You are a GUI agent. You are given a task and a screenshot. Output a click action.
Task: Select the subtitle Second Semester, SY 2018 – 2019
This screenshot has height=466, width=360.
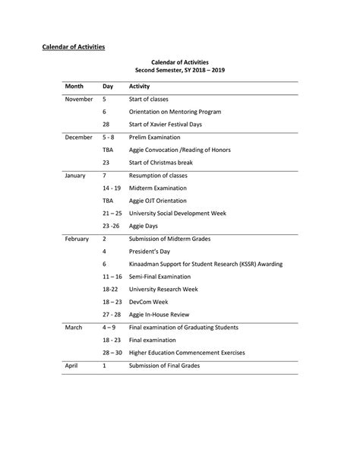180,70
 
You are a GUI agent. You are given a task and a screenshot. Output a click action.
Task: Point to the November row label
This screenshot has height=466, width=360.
79,100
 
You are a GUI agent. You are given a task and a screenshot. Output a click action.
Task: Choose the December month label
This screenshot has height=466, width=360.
79,138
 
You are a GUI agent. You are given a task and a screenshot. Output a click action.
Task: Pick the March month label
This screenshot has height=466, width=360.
74,327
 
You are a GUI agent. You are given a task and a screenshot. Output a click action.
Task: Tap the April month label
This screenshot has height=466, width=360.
72,366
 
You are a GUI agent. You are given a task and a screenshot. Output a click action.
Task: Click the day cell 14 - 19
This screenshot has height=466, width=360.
112,188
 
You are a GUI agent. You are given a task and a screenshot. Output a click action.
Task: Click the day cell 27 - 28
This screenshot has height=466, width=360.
112,315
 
